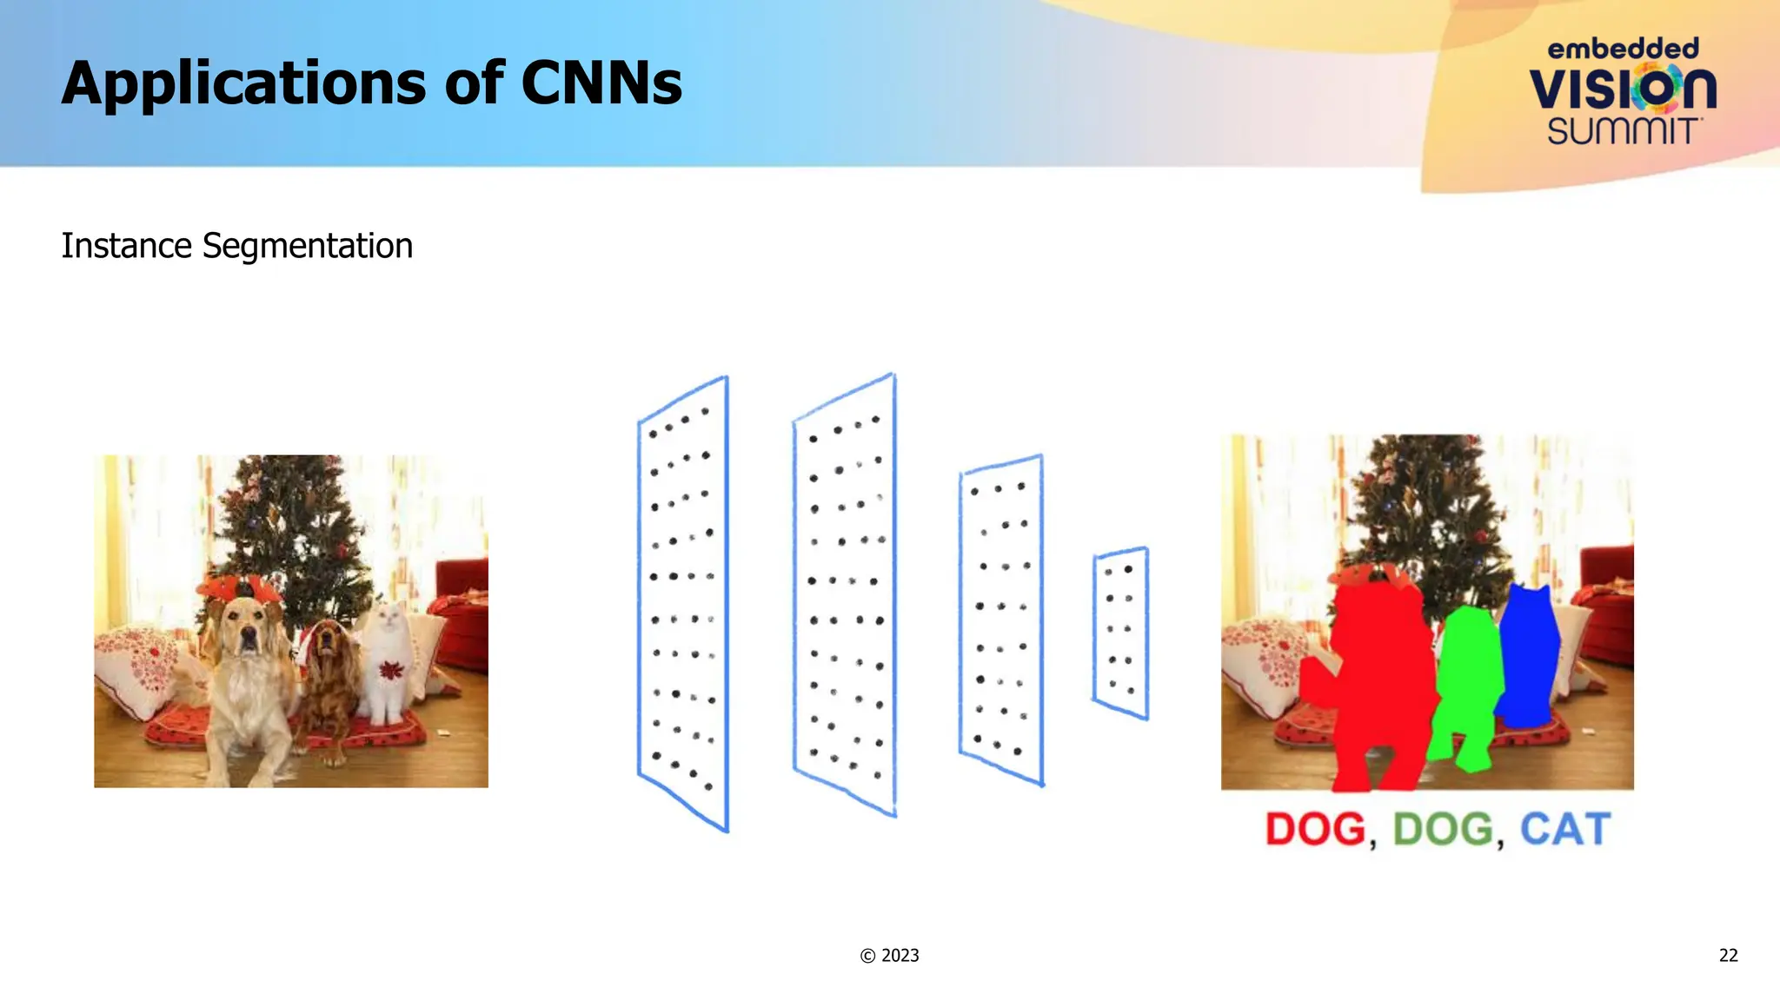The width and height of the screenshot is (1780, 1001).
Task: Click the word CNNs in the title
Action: click(601, 84)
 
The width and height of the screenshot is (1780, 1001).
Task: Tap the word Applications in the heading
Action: click(242, 84)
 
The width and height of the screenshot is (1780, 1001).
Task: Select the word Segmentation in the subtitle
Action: click(307, 246)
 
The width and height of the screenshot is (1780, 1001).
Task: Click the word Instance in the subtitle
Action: click(126, 246)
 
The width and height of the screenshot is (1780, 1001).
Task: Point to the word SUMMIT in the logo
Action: click(1623, 131)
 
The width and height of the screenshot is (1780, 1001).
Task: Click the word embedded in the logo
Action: click(1623, 49)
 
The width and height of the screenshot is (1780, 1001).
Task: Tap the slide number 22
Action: click(1728, 956)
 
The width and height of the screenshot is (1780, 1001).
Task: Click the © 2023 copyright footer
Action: click(889, 956)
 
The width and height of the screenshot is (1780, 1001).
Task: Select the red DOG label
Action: click(1316, 829)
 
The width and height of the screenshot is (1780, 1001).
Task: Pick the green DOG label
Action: click(1444, 829)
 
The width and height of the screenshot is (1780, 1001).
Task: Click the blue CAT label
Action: click(1564, 829)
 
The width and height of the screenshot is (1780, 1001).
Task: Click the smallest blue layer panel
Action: click(1120, 633)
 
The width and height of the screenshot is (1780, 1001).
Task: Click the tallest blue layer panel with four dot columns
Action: click(844, 595)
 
